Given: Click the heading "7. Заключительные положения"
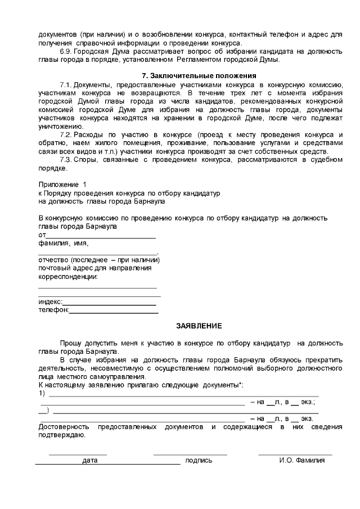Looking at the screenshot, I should (x=199, y=76).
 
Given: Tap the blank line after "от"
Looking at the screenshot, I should (x=100, y=235).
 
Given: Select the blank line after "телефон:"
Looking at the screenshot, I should (x=113, y=310).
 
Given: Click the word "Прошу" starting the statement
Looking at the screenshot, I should (x=71, y=343).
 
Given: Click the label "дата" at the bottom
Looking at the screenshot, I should (x=90, y=461).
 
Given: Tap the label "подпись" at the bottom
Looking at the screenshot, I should (x=199, y=461).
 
